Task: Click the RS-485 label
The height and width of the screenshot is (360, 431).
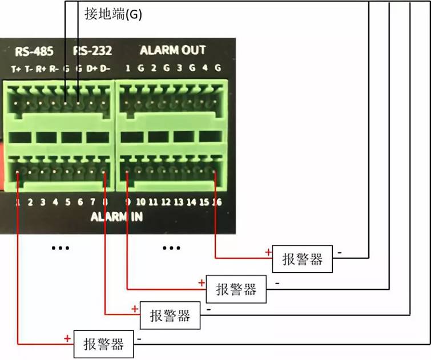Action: tap(34, 51)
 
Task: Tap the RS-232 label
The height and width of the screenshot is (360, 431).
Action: tap(92, 51)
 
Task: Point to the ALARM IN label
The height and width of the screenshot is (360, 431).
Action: tap(116, 217)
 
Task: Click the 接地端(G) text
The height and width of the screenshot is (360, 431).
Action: tap(112, 14)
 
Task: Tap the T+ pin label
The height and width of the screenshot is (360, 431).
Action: tap(16, 69)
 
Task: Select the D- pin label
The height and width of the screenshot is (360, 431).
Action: tap(105, 69)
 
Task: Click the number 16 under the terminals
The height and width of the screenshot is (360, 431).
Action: tap(216, 201)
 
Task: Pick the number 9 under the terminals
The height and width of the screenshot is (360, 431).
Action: tap(128, 201)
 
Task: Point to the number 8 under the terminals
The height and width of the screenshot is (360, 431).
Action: tap(104, 201)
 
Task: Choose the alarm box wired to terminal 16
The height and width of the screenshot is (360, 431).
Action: tap(303, 260)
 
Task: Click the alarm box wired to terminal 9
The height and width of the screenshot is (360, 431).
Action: tap(236, 289)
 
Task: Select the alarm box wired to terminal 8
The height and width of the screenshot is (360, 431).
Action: tap(169, 315)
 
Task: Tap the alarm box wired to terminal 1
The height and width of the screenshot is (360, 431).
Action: tap(103, 345)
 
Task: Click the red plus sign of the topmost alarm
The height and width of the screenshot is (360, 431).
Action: tap(267, 252)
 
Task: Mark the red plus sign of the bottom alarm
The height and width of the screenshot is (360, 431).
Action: tap(67, 338)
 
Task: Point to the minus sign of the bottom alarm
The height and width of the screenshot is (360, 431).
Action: tap(140, 339)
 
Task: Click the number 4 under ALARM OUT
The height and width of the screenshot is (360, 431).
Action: tap(205, 69)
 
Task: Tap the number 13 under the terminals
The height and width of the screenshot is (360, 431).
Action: tap(178, 201)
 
